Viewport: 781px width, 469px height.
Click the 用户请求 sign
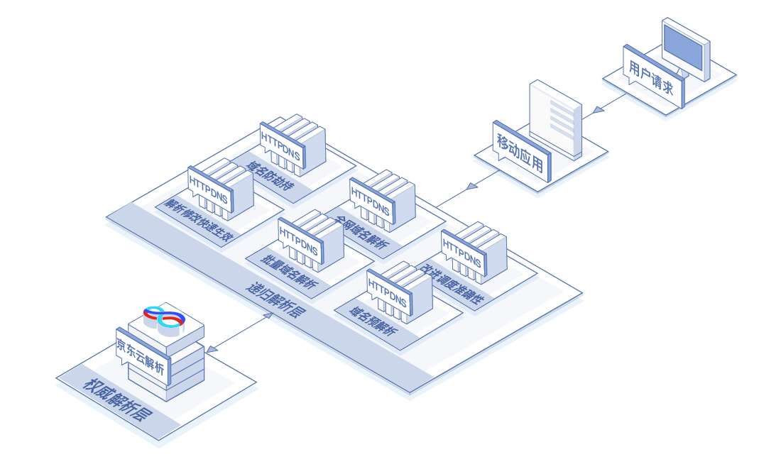pyautogui.click(x=653, y=76)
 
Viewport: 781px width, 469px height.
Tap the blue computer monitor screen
pyautogui.click(x=684, y=48)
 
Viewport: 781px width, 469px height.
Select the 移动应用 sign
pyautogui.click(x=521, y=151)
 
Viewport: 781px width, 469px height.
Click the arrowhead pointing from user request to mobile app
pyautogui.click(x=599, y=109)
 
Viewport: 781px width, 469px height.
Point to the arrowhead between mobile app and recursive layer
pyautogui.click(x=471, y=187)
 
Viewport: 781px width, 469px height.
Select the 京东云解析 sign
pyautogui.click(x=143, y=355)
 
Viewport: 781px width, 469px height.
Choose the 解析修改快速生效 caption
pyautogui.click(x=199, y=221)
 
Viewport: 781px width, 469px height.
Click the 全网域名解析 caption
pyautogui.click(x=361, y=232)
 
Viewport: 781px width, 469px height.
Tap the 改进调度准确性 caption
pyautogui.click(x=452, y=285)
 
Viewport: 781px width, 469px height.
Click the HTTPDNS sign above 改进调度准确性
pyautogui.click(x=463, y=253)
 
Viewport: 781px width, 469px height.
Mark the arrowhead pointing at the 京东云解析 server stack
pyautogui.click(x=212, y=349)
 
